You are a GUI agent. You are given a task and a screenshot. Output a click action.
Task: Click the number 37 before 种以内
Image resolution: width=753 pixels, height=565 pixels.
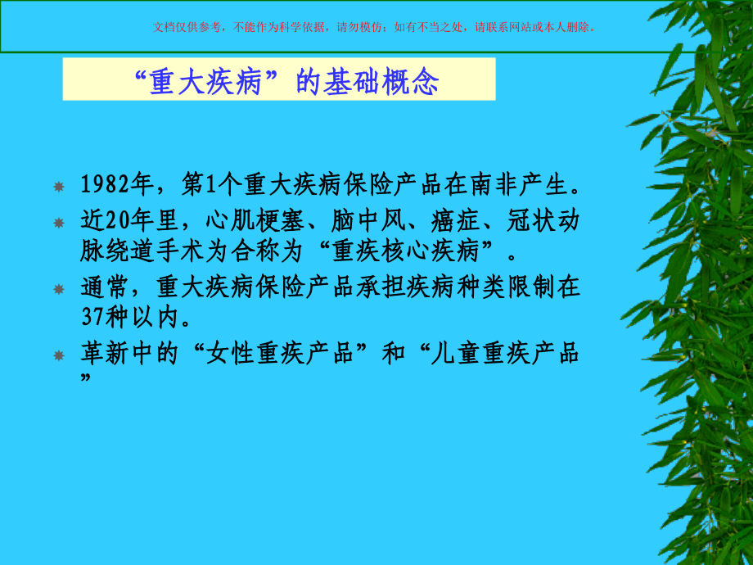(92, 315)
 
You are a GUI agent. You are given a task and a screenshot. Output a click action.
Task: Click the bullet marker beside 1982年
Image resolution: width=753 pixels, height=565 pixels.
(58, 188)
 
